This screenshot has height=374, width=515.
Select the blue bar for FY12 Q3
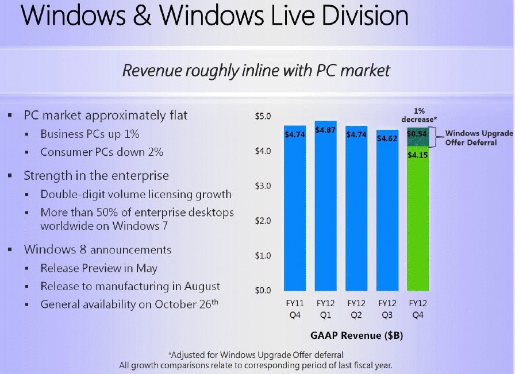[387, 218]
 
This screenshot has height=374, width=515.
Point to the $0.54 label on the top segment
[417, 134]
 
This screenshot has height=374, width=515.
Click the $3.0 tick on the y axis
[263, 186]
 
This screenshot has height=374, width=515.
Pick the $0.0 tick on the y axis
[263, 291]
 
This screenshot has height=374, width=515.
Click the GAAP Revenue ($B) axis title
[356, 336]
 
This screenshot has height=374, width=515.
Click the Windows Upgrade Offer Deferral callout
[479, 137]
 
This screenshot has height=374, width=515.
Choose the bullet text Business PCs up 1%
[90, 134]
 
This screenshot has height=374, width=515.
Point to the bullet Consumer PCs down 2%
[102, 152]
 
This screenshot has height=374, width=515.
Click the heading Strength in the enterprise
[96, 175]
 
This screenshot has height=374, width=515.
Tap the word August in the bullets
[202, 286]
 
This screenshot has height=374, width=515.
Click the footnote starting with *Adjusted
[256, 354]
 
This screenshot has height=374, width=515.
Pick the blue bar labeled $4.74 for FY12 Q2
[356, 218]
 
